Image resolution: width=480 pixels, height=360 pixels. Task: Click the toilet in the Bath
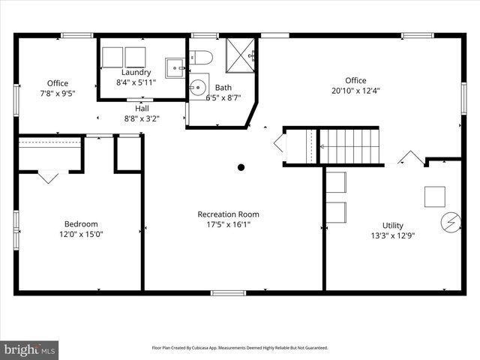point(201,57)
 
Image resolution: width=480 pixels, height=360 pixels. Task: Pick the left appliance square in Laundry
point(112,57)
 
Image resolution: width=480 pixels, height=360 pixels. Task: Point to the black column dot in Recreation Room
point(241,167)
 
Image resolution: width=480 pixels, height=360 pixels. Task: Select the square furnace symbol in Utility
point(434,196)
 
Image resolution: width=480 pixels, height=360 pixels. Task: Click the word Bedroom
point(80,223)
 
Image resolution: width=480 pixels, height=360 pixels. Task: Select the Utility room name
point(392,225)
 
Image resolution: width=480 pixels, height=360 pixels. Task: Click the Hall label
point(131,108)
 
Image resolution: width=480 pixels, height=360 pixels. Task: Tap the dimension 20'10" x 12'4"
point(355,91)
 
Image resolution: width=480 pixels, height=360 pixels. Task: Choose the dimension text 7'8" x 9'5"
point(58,94)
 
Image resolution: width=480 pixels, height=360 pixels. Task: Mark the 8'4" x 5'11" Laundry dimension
point(136,82)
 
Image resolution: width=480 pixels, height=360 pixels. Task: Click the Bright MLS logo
point(30,349)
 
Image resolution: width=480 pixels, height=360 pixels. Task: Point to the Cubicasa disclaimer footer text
point(240,348)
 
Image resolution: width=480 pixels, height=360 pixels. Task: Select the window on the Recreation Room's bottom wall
point(228,292)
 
